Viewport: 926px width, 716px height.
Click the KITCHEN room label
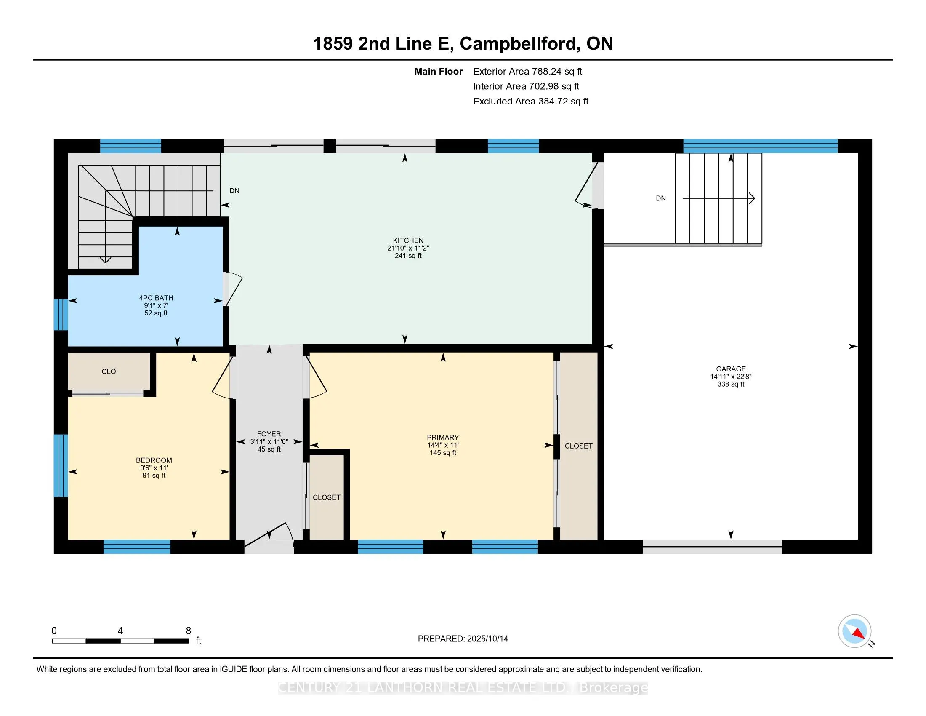point(408,240)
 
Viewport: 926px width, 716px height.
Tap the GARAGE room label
point(731,369)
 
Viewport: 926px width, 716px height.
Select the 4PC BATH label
point(156,298)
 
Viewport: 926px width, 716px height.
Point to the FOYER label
point(269,434)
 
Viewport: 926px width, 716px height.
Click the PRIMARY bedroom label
point(443,437)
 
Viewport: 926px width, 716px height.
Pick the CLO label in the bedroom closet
point(109,371)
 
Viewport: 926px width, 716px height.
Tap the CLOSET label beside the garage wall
point(578,446)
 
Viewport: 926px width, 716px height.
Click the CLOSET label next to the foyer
point(327,497)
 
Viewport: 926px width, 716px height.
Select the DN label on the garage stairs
point(660,198)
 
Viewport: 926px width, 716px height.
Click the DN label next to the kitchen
point(234,191)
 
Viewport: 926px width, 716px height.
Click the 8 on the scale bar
point(188,631)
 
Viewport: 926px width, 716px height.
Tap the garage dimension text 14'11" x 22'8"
point(731,376)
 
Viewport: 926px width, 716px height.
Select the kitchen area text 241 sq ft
point(408,256)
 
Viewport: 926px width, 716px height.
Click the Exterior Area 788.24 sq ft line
point(527,71)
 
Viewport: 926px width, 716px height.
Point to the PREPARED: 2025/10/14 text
point(463,639)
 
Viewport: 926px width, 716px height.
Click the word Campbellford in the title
point(520,44)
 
